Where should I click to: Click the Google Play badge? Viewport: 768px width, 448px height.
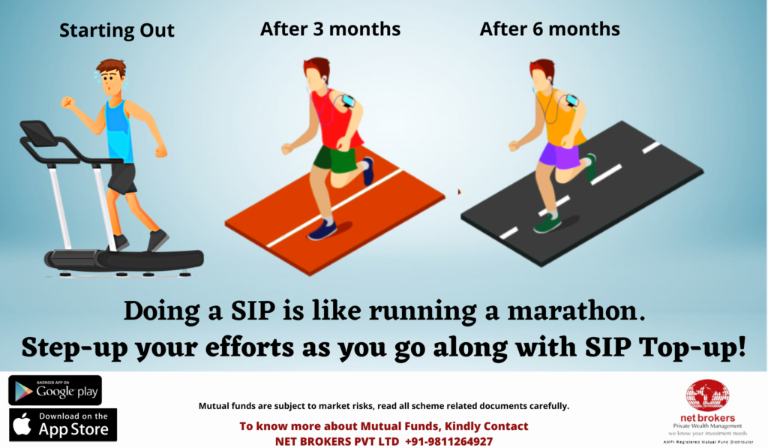click(x=55, y=391)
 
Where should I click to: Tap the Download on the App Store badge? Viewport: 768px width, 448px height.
click(x=63, y=425)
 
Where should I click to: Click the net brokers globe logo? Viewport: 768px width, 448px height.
click(x=707, y=395)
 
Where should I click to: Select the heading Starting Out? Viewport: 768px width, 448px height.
click(x=116, y=30)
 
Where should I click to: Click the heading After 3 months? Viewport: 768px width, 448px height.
click(x=330, y=29)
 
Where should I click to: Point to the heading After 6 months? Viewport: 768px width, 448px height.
click(x=550, y=29)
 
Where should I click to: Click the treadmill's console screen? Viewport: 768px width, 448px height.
click(x=38, y=133)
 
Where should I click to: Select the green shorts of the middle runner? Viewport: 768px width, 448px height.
click(x=336, y=158)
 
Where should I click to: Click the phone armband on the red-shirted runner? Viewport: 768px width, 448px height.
click(x=348, y=101)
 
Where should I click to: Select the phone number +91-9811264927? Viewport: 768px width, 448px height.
click(x=448, y=441)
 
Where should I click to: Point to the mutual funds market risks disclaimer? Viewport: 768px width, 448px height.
click(x=383, y=406)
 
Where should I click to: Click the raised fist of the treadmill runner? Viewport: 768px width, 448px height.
click(x=67, y=103)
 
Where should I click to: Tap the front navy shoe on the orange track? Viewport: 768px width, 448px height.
click(x=322, y=230)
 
